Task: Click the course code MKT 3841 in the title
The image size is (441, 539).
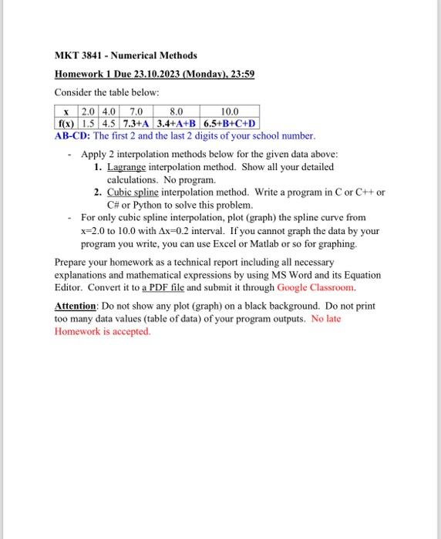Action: [x=81, y=55]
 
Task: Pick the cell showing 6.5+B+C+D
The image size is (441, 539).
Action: [x=230, y=123]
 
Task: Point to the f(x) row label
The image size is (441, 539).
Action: [x=65, y=123]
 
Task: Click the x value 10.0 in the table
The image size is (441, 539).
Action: [x=230, y=112]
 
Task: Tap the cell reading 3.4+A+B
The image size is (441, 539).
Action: [x=177, y=123]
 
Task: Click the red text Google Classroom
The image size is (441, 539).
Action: [x=316, y=287]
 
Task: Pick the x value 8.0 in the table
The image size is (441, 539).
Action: [x=177, y=112]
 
